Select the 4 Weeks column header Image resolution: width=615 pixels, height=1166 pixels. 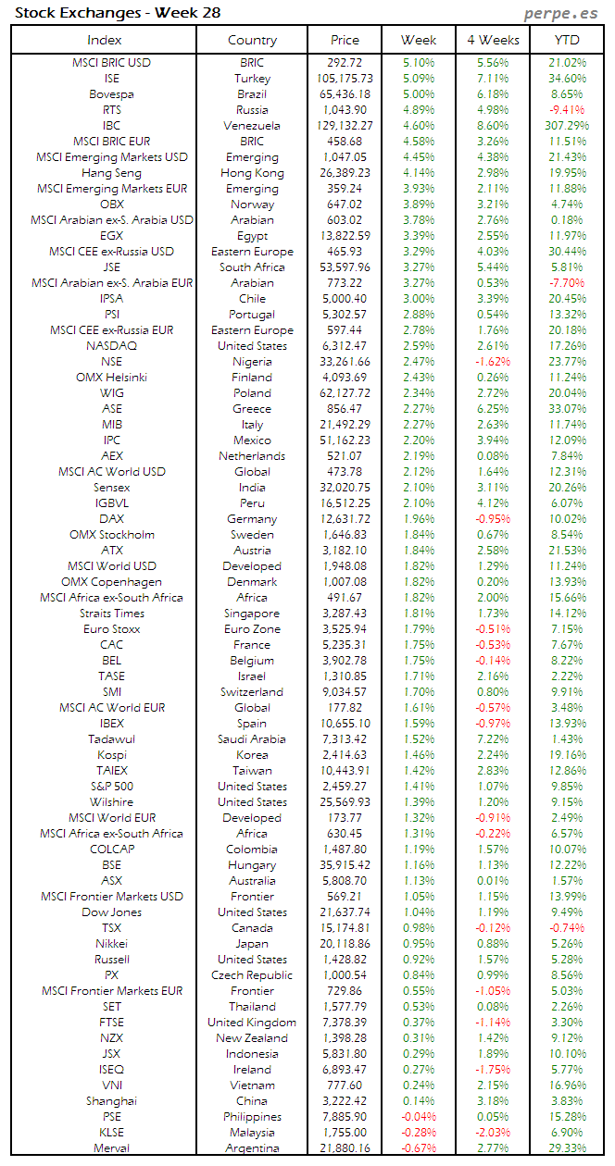coord(493,40)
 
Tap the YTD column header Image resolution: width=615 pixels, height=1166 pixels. coord(567,40)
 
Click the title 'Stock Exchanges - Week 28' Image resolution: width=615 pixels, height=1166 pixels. coord(118,13)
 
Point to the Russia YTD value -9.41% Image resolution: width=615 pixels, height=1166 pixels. coord(567,110)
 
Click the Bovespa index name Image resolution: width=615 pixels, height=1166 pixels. coord(111,94)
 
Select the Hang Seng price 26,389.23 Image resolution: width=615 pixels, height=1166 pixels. coord(344,173)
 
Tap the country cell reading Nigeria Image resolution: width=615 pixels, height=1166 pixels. coord(252,362)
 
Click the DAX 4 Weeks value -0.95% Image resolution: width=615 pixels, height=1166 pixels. coord(493,519)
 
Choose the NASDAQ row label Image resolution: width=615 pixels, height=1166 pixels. coord(111,346)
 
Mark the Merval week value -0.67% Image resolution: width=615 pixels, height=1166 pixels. coord(419,1148)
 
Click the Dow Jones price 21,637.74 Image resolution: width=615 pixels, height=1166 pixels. coord(344,912)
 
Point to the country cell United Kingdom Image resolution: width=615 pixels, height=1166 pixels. coord(252,1023)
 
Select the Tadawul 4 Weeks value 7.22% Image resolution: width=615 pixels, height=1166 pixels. coord(493,739)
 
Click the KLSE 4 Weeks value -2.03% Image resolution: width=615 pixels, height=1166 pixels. coord(493,1133)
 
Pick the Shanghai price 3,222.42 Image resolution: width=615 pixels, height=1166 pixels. coord(344,1101)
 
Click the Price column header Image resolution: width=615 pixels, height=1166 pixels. coord(345,40)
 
